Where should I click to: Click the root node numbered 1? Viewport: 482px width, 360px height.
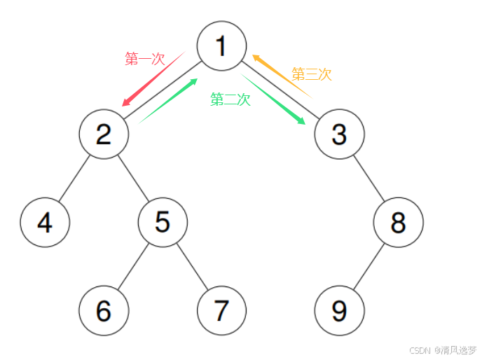click(221, 46)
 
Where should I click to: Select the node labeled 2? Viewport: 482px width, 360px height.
click(104, 134)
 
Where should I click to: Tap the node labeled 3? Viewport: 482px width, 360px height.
click(339, 134)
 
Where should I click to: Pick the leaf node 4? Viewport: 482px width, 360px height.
click(45, 222)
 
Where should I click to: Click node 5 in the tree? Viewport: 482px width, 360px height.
click(163, 222)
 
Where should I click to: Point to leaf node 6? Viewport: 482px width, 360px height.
click(104, 310)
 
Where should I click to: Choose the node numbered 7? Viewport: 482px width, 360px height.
click(221, 310)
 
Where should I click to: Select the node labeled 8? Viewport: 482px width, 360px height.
click(398, 222)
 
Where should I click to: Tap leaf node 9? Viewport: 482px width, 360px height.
click(339, 310)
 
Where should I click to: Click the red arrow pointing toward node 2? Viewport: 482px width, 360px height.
click(152, 79)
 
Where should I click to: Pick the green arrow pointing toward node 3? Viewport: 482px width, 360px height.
click(274, 99)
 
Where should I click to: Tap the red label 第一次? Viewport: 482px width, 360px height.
click(144, 59)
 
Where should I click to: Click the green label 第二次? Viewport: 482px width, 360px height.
click(230, 99)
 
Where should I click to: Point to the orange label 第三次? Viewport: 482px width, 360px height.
click(311, 74)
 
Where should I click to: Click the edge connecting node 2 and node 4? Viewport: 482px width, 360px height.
click(74, 178)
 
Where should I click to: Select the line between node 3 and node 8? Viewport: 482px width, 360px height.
click(369, 178)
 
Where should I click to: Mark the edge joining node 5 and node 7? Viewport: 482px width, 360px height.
click(192, 266)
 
